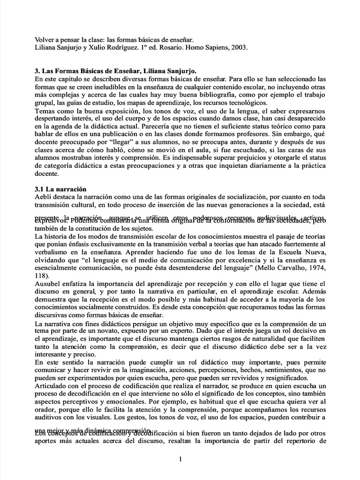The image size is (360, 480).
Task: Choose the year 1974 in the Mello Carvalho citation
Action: [x=313, y=268]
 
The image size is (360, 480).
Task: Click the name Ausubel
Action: [x=48, y=284]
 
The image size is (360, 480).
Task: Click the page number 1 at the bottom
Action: [x=180, y=459]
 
